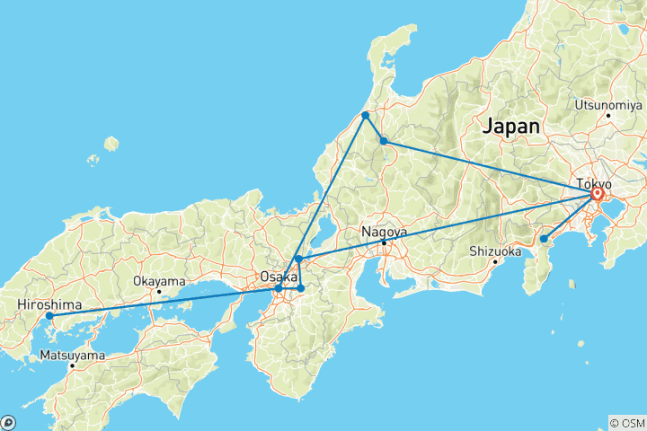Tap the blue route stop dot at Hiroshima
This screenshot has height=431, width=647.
pyautogui.click(x=49, y=316)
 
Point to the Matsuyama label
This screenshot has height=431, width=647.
pyautogui.click(x=72, y=356)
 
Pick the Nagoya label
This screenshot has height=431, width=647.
pyautogui.click(x=385, y=232)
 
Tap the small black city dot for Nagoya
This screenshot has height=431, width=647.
pyautogui.click(x=385, y=242)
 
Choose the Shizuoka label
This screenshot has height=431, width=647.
pyautogui.click(x=495, y=251)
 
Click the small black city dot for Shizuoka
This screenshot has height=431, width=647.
pyautogui.click(x=495, y=262)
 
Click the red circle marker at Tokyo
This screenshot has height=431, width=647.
pyautogui.click(x=598, y=194)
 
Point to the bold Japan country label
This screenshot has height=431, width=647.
pyautogui.click(x=511, y=127)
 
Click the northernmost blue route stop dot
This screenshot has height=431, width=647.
pyautogui.click(x=366, y=116)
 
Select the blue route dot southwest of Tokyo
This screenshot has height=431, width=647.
pyautogui.click(x=544, y=239)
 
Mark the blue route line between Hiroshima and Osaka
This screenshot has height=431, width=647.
pyautogui.click(x=162, y=302)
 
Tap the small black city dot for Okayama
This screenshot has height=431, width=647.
pyautogui.click(x=158, y=291)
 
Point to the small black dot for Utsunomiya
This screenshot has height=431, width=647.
pyautogui.click(x=608, y=115)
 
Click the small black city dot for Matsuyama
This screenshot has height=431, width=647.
pyautogui.click(x=72, y=366)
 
